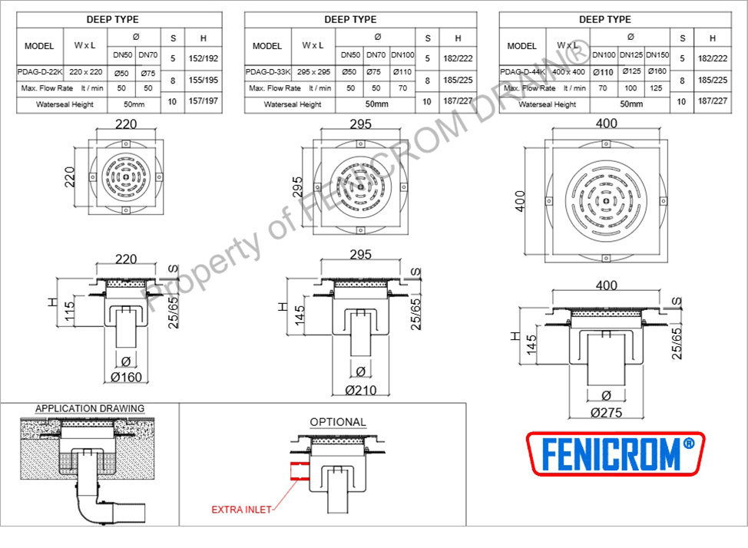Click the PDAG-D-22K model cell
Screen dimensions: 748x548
[x=40, y=72]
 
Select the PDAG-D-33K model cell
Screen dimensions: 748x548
[x=267, y=72]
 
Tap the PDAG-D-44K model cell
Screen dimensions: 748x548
[x=522, y=72]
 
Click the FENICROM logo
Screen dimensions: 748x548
[x=615, y=454]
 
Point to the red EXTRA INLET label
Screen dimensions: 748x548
[x=241, y=510]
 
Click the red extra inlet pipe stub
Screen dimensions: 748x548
[x=300, y=470]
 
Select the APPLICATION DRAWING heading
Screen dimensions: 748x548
[x=90, y=409]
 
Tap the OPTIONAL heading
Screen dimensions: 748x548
[x=338, y=422]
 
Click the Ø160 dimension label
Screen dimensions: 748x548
[x=127, y=378]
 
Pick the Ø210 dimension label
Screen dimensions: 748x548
[x=361, y=391]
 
